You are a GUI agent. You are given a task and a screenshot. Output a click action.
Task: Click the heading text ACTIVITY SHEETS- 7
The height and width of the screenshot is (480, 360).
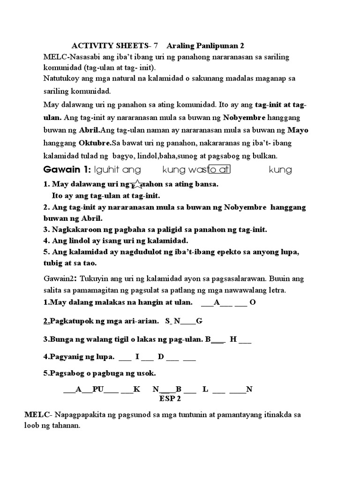pyautogui.click(x=115, y=46)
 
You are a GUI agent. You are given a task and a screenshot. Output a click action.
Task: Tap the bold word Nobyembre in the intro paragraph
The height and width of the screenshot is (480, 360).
pyautogui.click(x=244, y=117)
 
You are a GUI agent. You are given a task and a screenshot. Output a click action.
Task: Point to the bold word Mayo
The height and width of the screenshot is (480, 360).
pyautogui.click(x=298, y=130)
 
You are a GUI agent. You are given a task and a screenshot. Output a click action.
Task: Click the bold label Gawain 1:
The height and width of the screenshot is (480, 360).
pyautogui.click(x=67, y=169)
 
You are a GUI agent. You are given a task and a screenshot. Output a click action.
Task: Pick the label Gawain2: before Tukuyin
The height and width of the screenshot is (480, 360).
pyautogui.click(x=60, y=279)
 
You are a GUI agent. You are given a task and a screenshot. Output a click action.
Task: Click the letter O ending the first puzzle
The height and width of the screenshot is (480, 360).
pyautogui.click(x=253, y=302)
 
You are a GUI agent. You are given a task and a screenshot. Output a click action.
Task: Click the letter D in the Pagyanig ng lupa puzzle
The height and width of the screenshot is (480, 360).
pyautogui.click(x=160, y=358)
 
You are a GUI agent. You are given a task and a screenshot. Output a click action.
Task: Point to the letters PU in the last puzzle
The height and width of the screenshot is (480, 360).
pyautogui.click(x=97, y=390)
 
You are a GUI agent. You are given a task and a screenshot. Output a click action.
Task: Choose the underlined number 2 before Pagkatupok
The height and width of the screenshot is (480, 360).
pyautogui.click(x=46, y=321)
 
